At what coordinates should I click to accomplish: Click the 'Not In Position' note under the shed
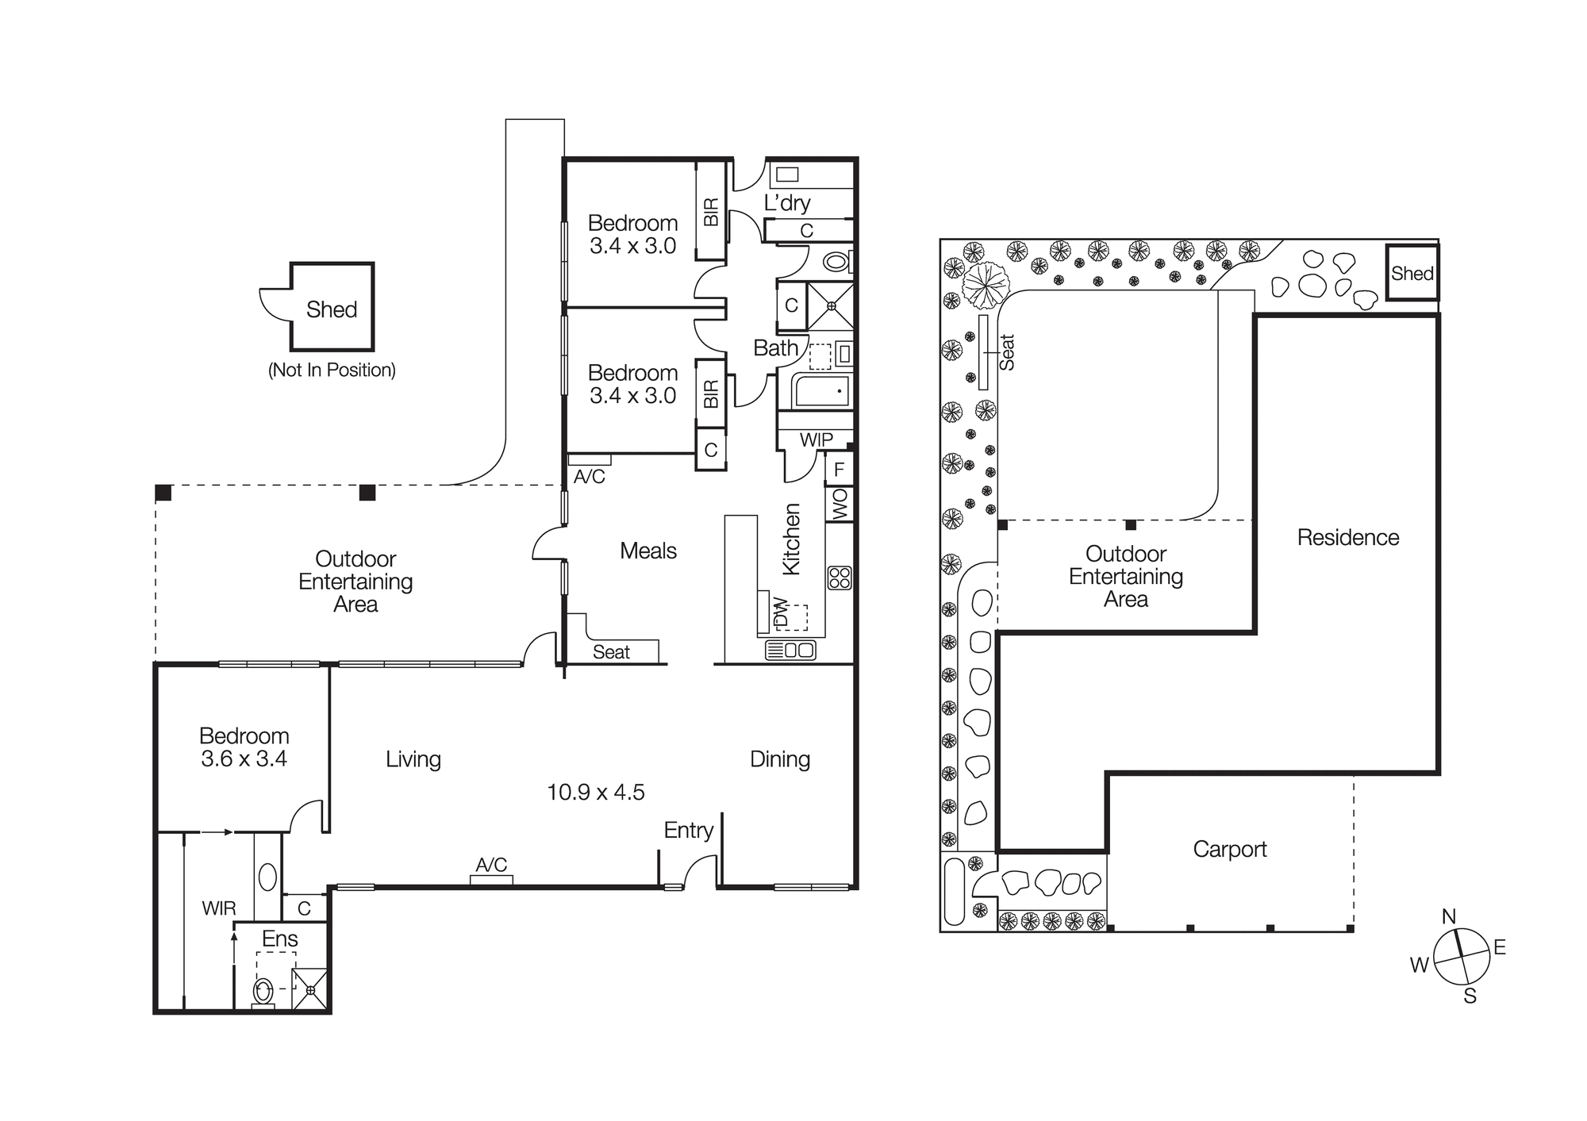[x=332, y=370]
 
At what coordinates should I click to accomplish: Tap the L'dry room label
[x=786, y=203]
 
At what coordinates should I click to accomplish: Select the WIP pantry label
[x=816, y=440]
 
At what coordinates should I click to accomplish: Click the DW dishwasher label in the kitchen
[x=780, y=612]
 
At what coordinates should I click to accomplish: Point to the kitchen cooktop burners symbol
[x=839, y=578]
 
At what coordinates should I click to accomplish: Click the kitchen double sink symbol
[x=790, y=651]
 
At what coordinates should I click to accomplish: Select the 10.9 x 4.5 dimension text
[x=595, y=792]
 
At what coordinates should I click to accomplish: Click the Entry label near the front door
[x=688, y=830]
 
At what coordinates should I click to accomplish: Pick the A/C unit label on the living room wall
[x=491, y=865]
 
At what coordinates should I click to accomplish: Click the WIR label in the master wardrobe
[x=219, y=908]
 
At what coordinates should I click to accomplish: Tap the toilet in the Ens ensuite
[x=263, y=992]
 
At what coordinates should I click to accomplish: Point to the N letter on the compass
[x=1448, y=916]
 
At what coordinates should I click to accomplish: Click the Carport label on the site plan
[x=1229, y=849]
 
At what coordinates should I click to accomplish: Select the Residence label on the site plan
[x=1347, y=537]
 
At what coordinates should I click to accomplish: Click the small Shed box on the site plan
[x=1412, y=273]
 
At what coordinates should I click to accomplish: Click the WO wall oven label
[x=840, y=505]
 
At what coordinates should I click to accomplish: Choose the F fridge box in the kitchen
[x=839, y=470]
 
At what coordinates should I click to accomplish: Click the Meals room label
[x=647, y=551]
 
